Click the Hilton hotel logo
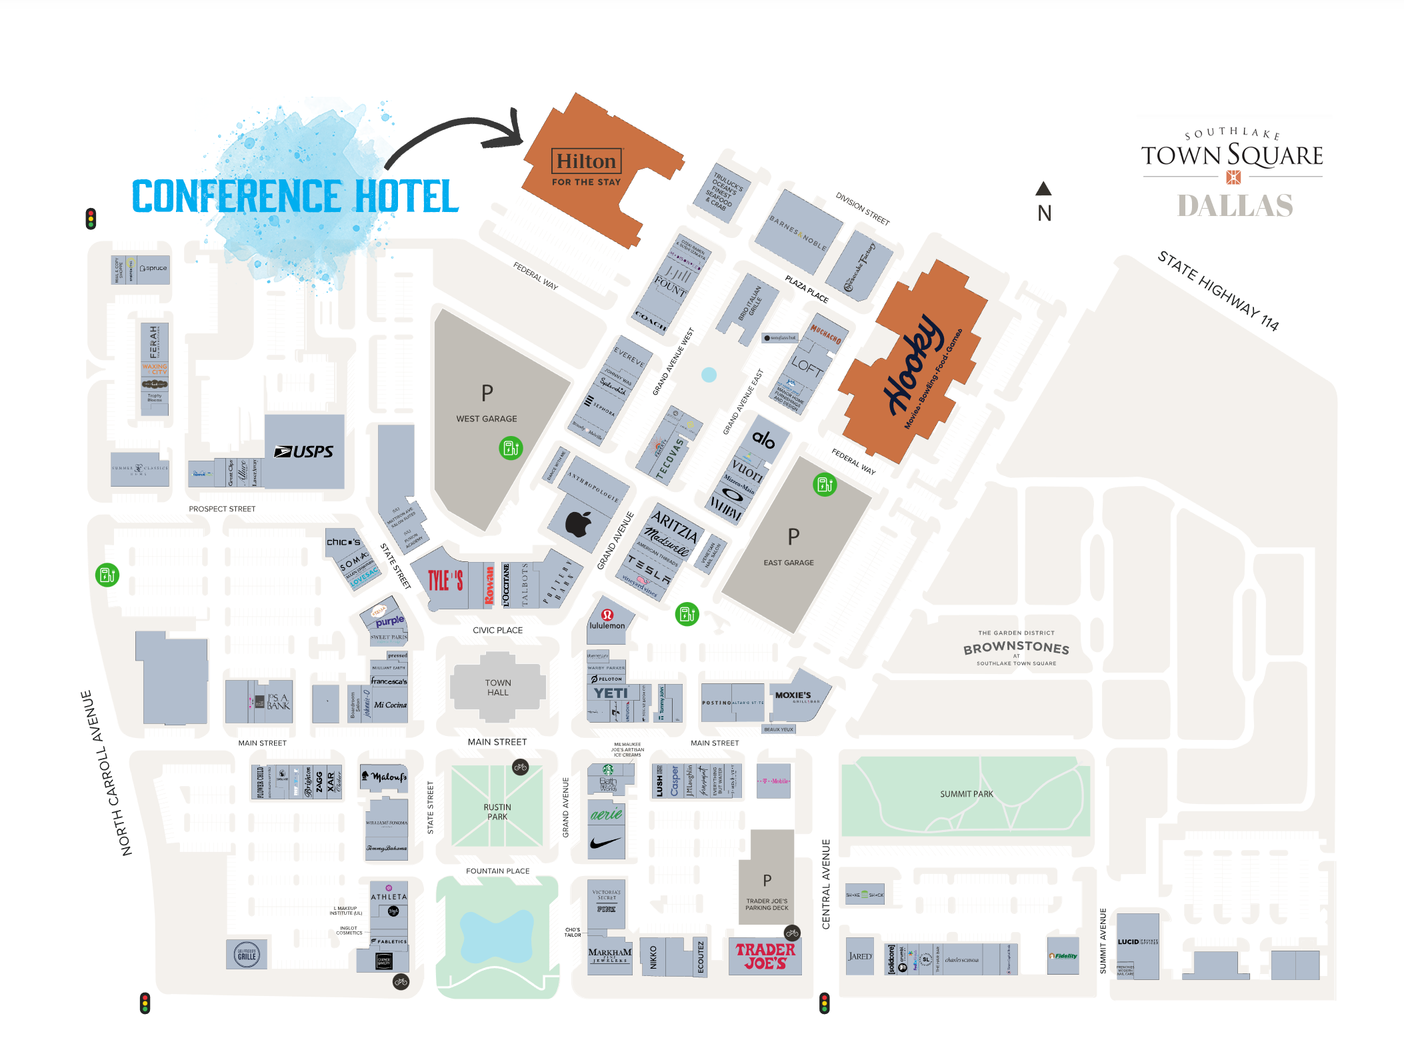click(x=586, y=161)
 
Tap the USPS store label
click(x=304, y=452)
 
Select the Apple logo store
click(x=578, y=524)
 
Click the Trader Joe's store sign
click(x=765, y=956)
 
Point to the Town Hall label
click(x=497, y=687)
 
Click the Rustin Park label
click(x=497, y=811)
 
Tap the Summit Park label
click(x=966, y=794)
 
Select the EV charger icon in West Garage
click(x=511, y=448)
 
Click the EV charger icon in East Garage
click(x=825, y=484)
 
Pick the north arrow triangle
click(x=1043, y=189)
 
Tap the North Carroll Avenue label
click(x=106, y=773)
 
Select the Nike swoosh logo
click(x=605, y=843)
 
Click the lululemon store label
click(x=607, y=625)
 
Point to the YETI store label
click(x=611, y=693)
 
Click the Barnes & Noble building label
click(x=797, y=233)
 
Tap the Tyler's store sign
click(x=445, y=580)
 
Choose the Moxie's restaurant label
click(x=793, y=695)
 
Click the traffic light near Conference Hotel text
click(x=91, y=219)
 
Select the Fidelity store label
click(x=1063, y=955)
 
